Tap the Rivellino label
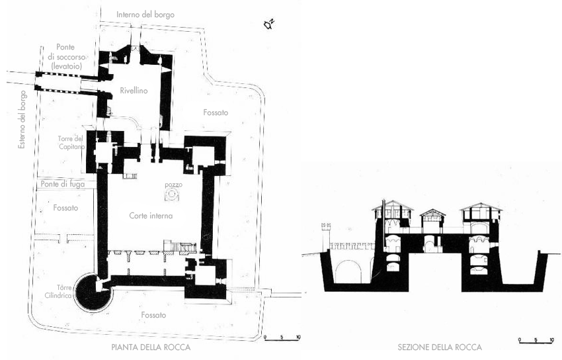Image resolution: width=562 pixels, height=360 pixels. (x=134, y=91)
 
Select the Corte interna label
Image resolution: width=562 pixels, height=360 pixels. (x=151, y=216)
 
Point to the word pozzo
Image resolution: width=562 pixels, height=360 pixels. (x=173, y=183)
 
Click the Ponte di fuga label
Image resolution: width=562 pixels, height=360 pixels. (x=63, y=185)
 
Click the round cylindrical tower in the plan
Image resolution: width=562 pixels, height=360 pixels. (x=90, y=292)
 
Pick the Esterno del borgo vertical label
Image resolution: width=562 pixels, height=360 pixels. (x=22, y=121)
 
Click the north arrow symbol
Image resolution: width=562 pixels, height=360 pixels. (x=268, y=25)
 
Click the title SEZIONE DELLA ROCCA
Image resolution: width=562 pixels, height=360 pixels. (x=440, y=347)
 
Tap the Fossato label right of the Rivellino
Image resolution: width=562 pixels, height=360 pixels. (x=215, y=113)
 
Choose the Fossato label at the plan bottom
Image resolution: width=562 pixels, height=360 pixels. (x=152, y=315)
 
